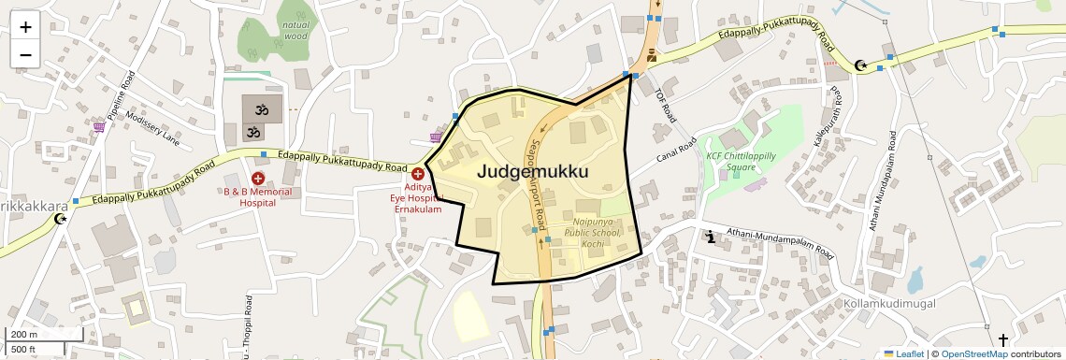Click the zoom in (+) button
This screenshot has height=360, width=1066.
(x=25, y=27)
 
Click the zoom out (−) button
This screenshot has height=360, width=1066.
(x=25, y=54)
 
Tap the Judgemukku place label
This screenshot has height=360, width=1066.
(x=532, y=172)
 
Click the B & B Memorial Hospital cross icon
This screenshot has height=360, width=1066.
(x=258, y=178)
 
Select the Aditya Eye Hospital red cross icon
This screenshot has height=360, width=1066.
(x=418, y=174)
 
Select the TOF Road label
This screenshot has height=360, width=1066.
(x=664, y=106)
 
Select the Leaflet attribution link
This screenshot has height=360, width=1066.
(x=904, y=353)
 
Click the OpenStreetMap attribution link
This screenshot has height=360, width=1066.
(x=973, y=353)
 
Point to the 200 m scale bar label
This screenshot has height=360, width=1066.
(x=24, y=335)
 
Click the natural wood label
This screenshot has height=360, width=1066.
(x=295, y=31)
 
